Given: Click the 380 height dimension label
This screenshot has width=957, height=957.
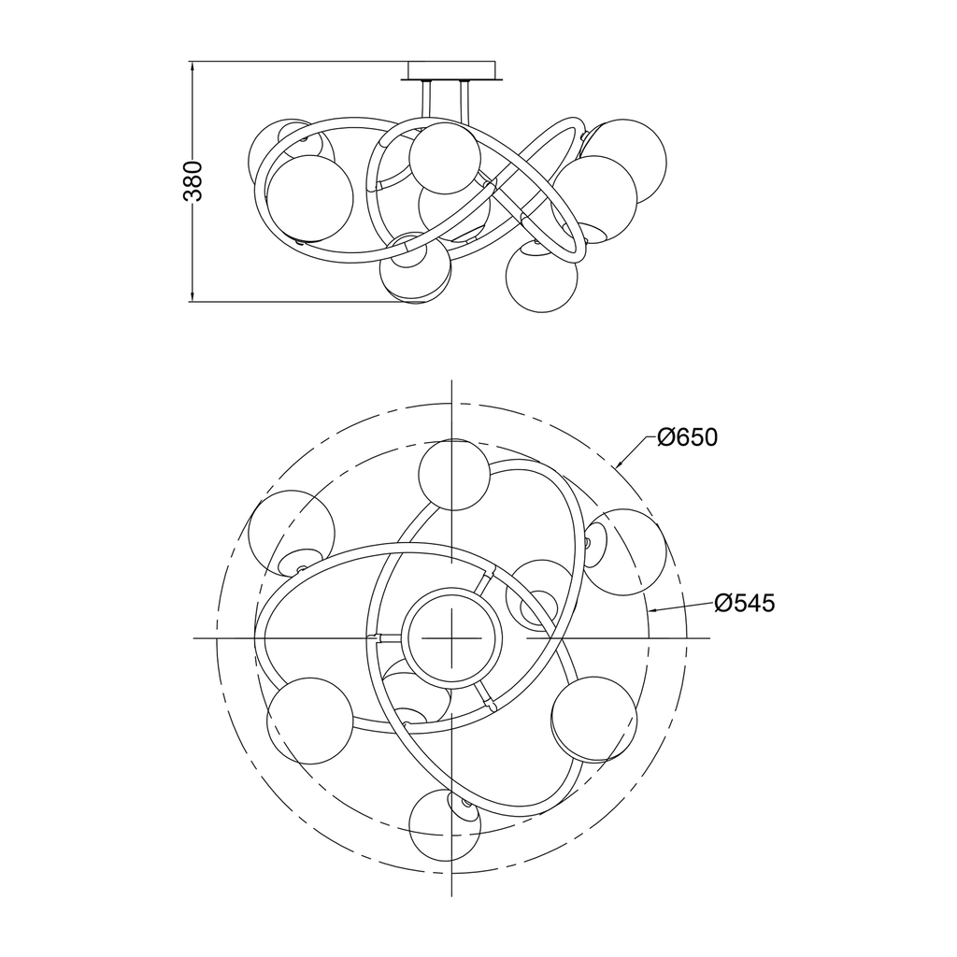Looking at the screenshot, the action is coord(193,181).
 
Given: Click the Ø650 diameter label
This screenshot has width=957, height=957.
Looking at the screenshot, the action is coord(687,437).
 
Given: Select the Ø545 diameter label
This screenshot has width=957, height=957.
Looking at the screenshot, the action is coord(745,603).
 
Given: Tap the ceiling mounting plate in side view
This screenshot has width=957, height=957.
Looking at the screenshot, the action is coord(452,70).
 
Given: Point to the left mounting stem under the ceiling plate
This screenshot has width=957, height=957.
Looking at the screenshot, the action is coord(426,99).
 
